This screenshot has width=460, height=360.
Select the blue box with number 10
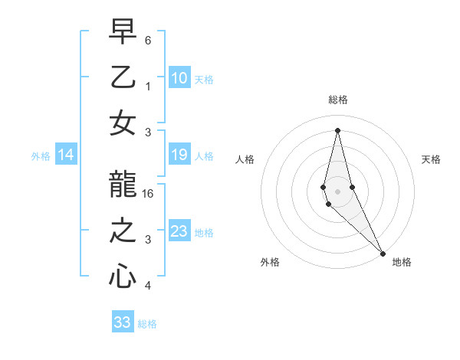tap(179, 77)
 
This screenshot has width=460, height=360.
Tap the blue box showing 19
tap(179, 155)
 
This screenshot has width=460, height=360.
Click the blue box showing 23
tap(179, 231)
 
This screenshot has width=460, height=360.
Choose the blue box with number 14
tap(66, 155)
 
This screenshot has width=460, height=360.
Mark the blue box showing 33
tap(123, 322)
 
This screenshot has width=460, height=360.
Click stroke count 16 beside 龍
tap(149, 194)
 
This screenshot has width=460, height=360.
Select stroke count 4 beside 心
tap(148, 286)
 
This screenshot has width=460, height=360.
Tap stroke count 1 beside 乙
tap(148, 87)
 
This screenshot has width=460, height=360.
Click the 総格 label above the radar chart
tap(337, 100)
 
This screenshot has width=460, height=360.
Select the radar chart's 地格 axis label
tap(402, 262)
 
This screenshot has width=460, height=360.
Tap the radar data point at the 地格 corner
tap(382, 252)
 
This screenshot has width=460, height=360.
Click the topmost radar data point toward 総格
tap(337, 129)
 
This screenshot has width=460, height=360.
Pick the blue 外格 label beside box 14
tap(41, 156)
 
